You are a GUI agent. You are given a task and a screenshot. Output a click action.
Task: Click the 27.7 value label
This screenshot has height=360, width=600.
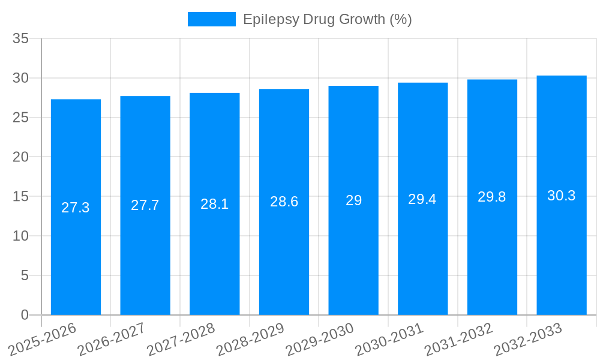pos(145,205)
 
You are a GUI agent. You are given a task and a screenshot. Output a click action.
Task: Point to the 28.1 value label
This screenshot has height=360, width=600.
pos(214,204)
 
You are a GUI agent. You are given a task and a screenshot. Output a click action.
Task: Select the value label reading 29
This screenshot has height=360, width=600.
pos(353,200)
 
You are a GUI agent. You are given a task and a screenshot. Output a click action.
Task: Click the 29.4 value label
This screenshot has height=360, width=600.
pos(422,199)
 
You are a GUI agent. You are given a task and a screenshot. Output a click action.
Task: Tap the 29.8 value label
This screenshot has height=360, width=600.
pos(492,197)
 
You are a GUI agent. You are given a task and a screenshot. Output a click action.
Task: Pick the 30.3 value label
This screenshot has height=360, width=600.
pos(562,196)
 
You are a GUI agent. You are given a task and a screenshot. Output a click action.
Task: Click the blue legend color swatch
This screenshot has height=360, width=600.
pos(211,19)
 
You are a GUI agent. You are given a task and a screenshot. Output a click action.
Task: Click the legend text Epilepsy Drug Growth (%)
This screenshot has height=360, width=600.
pos(327,19)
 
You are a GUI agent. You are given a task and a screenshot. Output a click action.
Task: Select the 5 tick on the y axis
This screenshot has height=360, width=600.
pos(25,275)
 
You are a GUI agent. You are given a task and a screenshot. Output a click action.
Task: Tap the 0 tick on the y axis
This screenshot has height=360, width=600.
pos(25,315)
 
